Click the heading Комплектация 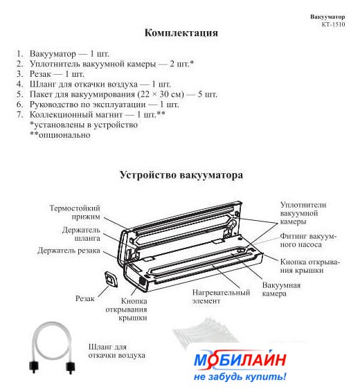[x=181, y=33]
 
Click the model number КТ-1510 [x=333, y=24]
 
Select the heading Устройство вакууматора [x=181, y=175]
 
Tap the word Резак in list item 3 [x=40, y=74]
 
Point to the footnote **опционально [x=60, y=135]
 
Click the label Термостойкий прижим [x=75, y=212]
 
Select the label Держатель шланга [x=81, y=234]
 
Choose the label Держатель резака [x=69, y=251]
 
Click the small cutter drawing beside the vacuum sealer [x=111, y=280]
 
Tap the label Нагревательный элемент [x=221, y=297]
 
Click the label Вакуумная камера [x=281, y=289]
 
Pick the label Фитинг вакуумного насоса [x=308, y=240]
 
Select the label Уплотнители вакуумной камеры [x=303, y=213]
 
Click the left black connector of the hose [x=34, y=366]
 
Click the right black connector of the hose [x=71, y=367]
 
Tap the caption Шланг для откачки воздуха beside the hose [x=116, y=351]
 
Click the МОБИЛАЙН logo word [x=240, y=359]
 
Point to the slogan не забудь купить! [x=240, y=377]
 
